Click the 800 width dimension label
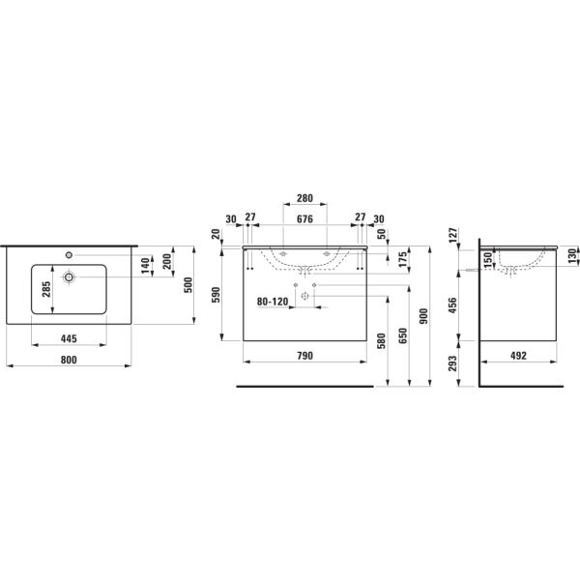tap(69, 360)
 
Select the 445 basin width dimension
tap(69, 338)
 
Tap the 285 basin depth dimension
tap(46, 289)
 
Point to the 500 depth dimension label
tap(188, 285)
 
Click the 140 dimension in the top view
tap(145, 266)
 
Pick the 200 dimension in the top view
tap(167, 262)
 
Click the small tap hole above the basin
tap(69, 255)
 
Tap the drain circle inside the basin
tap(69, 276)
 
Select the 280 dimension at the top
tap(304, 198)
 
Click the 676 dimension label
tap(304, 219)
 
